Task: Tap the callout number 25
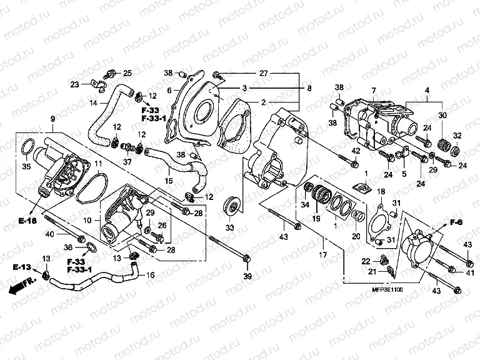click(127, 73)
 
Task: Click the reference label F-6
click(456, 222)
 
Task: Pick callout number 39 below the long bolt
click(248, 277)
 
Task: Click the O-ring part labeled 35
click(27, 147)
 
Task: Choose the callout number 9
click(52, 119)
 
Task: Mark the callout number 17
click(322, 255)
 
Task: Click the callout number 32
click(457, 136)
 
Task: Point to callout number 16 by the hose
click(149, 275)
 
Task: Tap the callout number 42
click(355, 151)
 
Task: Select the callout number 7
click(373, 91)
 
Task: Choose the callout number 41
click(469, 272)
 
